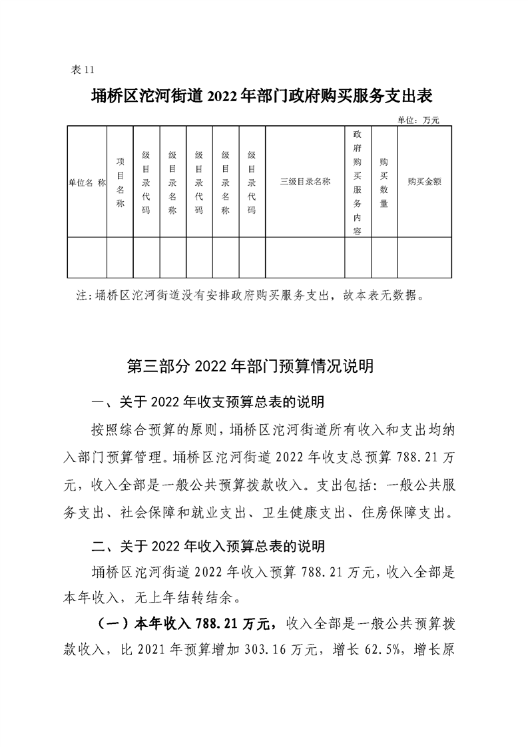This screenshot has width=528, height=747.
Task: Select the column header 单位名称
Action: pyautogui.click(x=87, y=181)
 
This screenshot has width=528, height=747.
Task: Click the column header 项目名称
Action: pyautogui.click(x=120, y=182)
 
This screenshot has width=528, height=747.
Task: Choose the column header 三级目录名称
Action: pyautogui.click(x=305, y=181)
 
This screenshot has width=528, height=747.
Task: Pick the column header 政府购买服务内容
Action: pyautogui.click(x=358, y=182)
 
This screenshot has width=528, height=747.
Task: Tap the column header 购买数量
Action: pyautogui.click(x=384, y=182)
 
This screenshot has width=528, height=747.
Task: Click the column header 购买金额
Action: pyautogui.click(x=425, y=181)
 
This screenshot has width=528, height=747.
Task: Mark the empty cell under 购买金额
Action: pyautogui.click(x=425, y=257)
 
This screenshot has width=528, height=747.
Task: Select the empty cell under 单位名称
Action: pyautogui.click(x=87, y=257)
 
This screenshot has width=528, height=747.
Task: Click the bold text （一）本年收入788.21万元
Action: pyautogui.click(x=181, y=624)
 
